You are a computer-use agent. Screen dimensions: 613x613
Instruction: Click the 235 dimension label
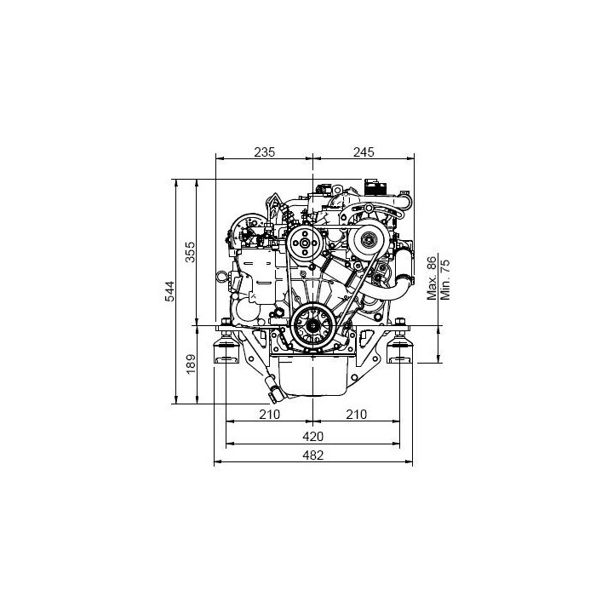[265, 152]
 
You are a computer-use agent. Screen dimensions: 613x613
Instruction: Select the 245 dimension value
[364, 152]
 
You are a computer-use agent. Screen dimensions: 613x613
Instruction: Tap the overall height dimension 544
[169, 291]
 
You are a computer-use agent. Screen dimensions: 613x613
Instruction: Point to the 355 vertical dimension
[190, 252]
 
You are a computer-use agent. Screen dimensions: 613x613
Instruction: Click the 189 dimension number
[191, 364]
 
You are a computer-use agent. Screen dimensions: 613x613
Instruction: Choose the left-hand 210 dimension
[270, 414]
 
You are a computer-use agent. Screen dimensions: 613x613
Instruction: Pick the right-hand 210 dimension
[357, 414]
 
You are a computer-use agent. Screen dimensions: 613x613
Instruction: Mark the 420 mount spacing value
[313, 436]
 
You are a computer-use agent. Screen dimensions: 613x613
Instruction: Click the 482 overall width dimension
[313, 455]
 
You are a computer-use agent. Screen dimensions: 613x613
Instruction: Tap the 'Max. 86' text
[432, 278]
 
